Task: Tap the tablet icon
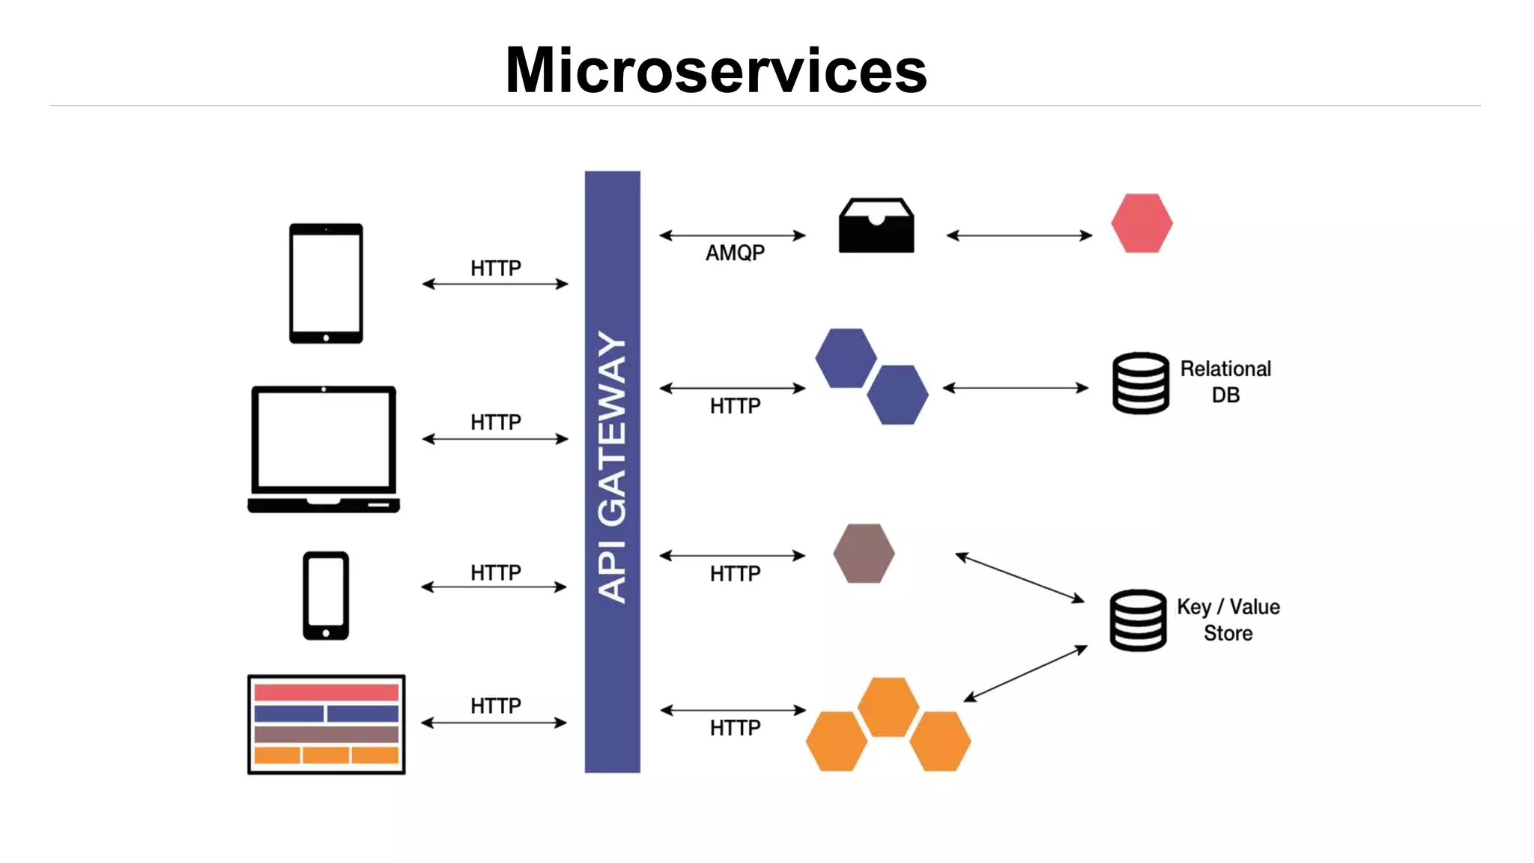(x=326, y=283)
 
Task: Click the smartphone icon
(x=326, y=596)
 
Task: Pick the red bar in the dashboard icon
(x=326, y=692)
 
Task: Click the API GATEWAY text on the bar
(x=612, y=466)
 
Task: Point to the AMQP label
(x=735, y=253)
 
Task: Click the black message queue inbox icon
(x=876, y=225)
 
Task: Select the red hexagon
(x=1142, y=223)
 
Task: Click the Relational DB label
(x=1225, y=381)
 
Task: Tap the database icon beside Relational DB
(x=1140, y=383)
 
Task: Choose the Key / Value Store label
(x=1228, y=620)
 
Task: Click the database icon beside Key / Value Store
(x=1138, y=620)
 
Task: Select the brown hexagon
(x=864, y=554)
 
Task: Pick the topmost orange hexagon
(x=888, y=706)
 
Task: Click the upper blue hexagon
(x=846, y=358)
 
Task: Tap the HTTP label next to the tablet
(x=495, y=268)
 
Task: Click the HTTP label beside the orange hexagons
(x=735, y=727)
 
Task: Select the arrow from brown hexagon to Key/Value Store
(x=1019, y=577)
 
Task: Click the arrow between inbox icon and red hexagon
(x=1019, y=235)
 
